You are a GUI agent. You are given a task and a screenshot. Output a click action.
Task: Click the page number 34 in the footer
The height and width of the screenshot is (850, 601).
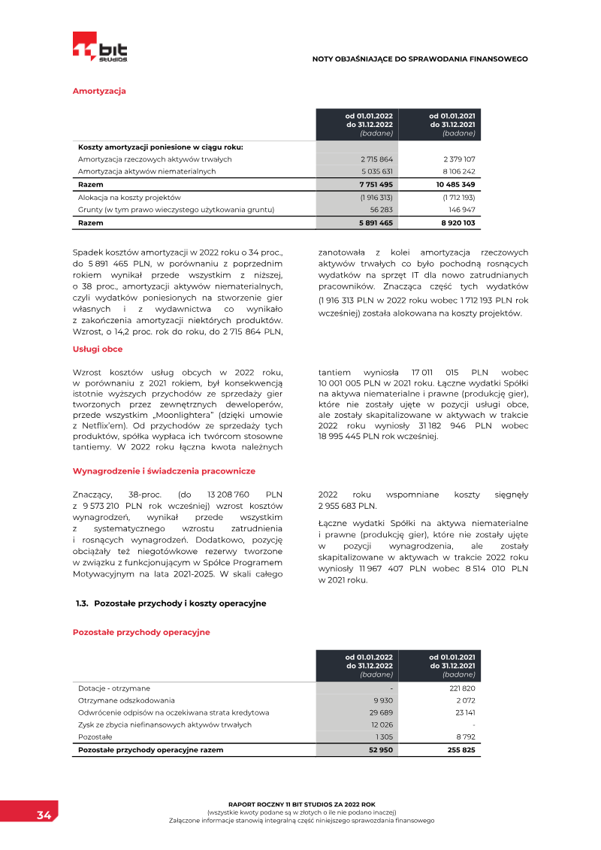click(x=44, y=815)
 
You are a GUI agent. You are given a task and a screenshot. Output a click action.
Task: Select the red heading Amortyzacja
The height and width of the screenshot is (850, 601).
click(x=98, y=91)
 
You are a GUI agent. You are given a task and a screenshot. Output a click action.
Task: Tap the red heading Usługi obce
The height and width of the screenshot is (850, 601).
click(x=97, y=349)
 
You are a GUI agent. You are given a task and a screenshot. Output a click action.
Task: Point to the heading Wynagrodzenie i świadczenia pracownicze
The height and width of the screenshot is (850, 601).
click(x=164, y=470)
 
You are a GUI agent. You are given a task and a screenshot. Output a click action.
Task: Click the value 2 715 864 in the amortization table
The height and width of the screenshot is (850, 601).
click(x=376, y=159)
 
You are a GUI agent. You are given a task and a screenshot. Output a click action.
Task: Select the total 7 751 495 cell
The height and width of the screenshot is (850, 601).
click(x=376, y=184)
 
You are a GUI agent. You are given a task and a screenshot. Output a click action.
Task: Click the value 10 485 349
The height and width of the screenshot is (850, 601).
click(x=455, y=184)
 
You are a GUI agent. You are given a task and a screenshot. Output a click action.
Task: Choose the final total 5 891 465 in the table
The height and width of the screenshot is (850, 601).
click(x=376, y=223)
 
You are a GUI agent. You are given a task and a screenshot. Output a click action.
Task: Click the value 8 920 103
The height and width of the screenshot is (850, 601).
click(x=458, y=223)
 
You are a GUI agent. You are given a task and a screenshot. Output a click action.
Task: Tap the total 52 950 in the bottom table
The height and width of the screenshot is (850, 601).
click(x=381, y=750)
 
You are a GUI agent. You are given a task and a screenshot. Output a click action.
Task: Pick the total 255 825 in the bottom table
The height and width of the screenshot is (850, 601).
click(x=461, y=750)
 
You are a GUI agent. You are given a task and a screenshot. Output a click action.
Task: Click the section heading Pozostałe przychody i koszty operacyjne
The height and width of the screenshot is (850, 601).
click(x=180, y=603)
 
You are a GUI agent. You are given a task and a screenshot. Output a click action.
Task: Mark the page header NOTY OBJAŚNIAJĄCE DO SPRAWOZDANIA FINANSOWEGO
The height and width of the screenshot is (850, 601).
click(x=420, y=59)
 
